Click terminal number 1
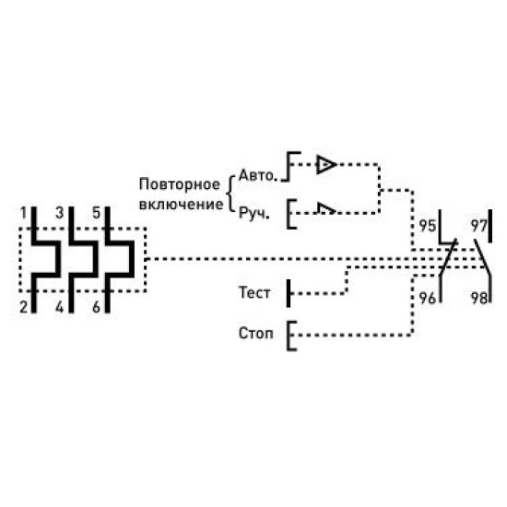pyautogui.click(x=23, y=214)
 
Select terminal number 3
pyautogui.click(x=60, y=214)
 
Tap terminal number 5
pyautogui.click(x=97, y=214)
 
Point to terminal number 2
pyautogui.click(x=23, y=307)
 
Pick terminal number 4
pyautogui.click(x=60, y=307)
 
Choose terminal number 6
pyautogui.click(x=97, y=307)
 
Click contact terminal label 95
pyautogui.click(x=428, y=226)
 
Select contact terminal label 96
pyautogui.click(x=428, y=298)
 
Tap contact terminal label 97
pyautogui.click(x=478, y=226)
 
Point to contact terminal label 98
pyautogui.click(x=478, y=298)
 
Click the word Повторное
pyautogui.click(x=180, y=185)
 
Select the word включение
pyautogui.click(x=181, y=205)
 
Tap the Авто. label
pyautogui.click(x=258, y=175)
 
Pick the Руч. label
pyautogui.click(x=254, y=214)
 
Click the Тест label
pyautogui.click(x=254, y=292)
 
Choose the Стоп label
pyautogui.click(x=255, y=333)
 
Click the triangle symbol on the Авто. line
pyautogui.click(x=326, y=165)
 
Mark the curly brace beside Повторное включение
pyautogui.click(x=230, y=194)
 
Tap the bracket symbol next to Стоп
pyautogui.click(x=289, y=336)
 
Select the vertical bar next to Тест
pyautogui.click(x=289, y=293)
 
